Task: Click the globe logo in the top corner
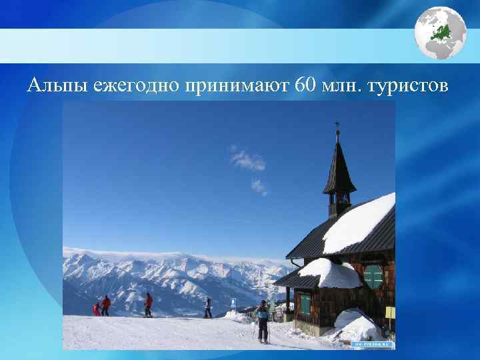pos(440,33)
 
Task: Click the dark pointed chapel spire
pos(339,167)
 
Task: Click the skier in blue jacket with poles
pos(263,319)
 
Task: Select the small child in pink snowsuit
pos(97,309)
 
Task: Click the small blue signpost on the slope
pos(233,303)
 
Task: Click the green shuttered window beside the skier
pos(373,276)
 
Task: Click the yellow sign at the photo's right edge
pos(391,312)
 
